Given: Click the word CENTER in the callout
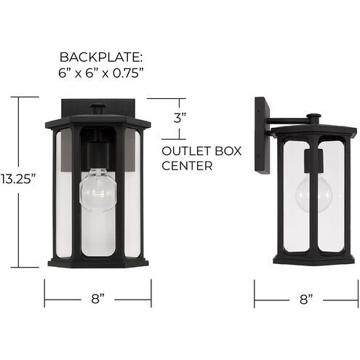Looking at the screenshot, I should pos(187,166).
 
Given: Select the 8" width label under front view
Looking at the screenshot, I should pos(97,298).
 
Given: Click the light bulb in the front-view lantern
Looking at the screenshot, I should pos(97,191).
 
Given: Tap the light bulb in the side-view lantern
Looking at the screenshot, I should pos(314,191).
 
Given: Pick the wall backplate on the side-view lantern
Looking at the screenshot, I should pos(260,135).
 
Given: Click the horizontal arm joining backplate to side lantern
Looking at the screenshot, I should pos(287,120).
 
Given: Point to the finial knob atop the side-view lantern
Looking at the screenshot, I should pos(313,116).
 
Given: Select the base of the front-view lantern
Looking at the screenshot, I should pos(97,262).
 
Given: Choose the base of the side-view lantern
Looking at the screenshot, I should pos(314,258).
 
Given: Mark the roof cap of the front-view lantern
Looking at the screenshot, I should pos(97,121).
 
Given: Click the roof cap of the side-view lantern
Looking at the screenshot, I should pos(314,131).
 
